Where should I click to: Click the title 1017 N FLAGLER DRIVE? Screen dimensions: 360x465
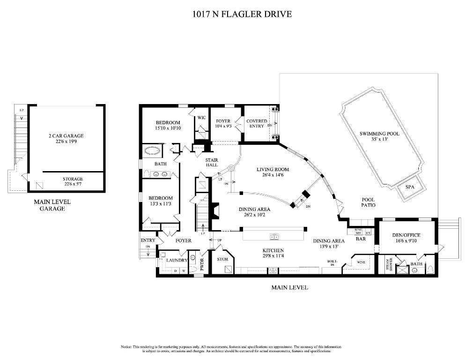click(242, 14)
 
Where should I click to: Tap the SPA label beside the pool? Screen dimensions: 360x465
click(410, 187)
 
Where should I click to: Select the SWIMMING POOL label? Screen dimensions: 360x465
click(379, 134)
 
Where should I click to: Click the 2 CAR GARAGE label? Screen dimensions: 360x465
click(66, 136)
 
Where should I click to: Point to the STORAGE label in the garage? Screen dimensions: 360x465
click(73, 179)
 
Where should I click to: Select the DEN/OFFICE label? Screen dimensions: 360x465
click(406, 235)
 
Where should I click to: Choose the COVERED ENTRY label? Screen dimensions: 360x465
click(257, 124)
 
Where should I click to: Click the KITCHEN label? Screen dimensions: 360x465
click(273, 250)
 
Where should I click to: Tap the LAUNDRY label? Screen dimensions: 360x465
click(178, 260)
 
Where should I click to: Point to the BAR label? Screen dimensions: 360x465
click(361, 239)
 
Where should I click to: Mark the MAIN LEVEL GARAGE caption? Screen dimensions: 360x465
click(52, 205)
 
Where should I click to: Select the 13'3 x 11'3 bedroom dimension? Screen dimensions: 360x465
click(161, 204)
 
